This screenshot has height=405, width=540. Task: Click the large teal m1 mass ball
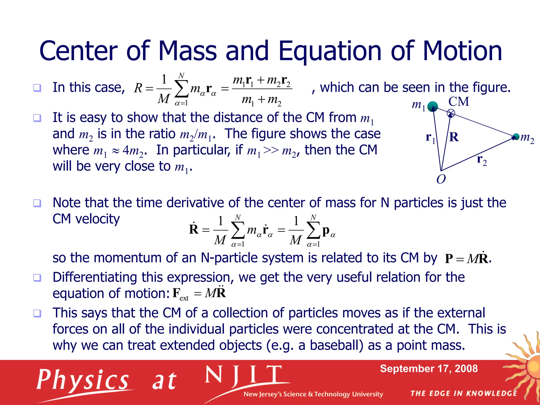(432, 107)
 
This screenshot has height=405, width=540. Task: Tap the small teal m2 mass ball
(516, 137)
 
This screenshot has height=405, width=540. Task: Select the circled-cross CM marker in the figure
(451, 113)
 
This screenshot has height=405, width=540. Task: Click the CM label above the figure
(459, 102)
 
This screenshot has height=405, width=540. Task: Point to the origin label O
(441, 180)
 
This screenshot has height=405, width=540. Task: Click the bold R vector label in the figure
(454, 137)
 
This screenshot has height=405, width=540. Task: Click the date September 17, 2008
(429, 369)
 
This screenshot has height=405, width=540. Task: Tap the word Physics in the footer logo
(83, 380)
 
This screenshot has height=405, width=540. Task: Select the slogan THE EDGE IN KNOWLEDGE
(464, 393)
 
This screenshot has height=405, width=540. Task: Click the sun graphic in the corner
(530, 367)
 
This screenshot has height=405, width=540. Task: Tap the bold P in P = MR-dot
(449, 259)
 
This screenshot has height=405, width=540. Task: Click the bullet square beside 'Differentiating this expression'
(37, 277)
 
